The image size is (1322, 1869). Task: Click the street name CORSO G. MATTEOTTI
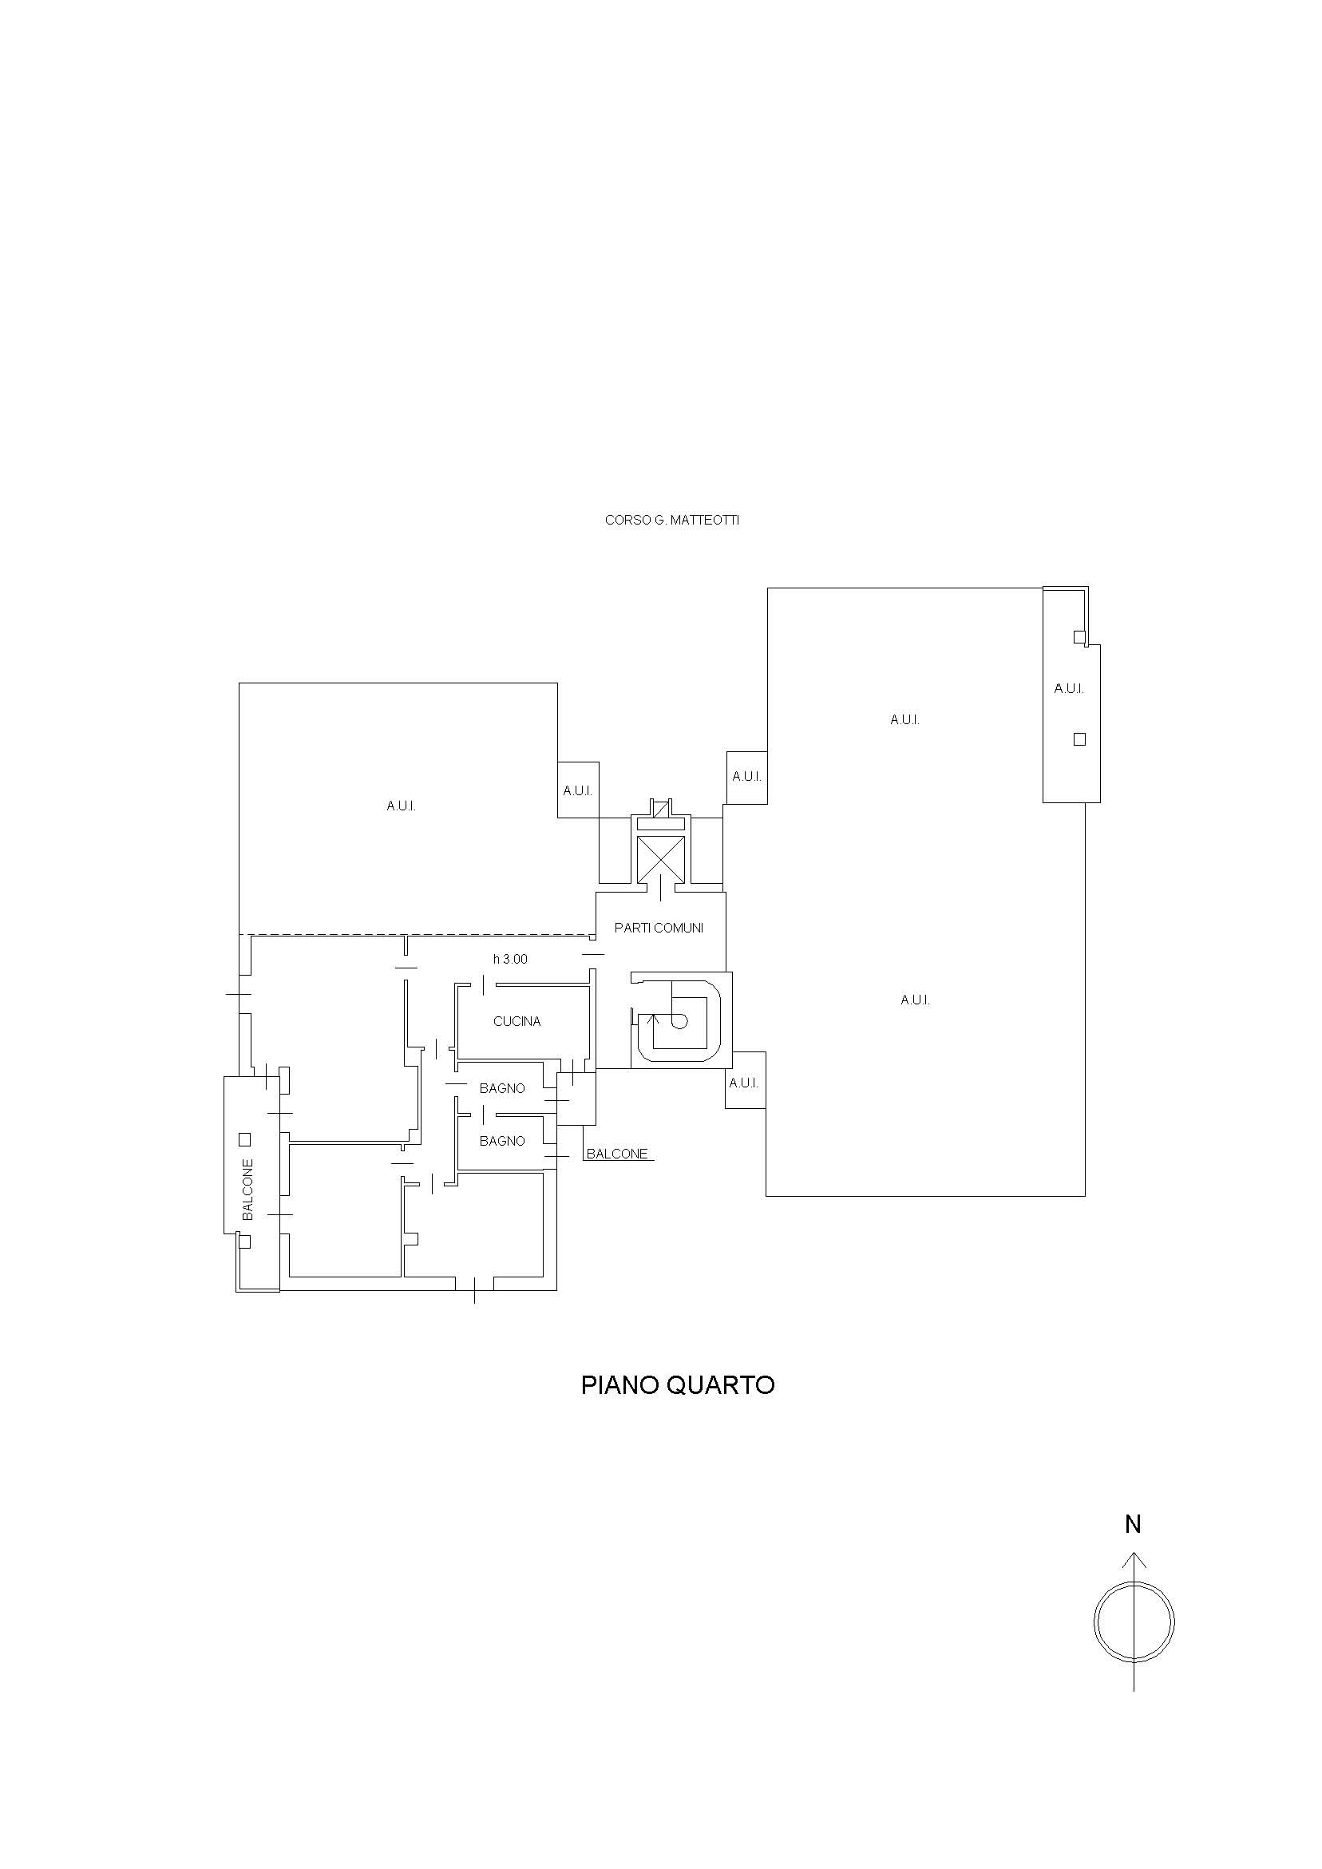(671, 521)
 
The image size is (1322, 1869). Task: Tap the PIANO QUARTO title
(677, 1384)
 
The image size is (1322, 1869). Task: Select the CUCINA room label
(517, 1022)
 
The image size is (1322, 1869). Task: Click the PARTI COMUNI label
(659, 927)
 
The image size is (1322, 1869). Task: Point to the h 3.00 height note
(510, 959)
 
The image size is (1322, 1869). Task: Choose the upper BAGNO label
(502, 1088)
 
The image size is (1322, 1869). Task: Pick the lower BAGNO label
(502, 1141)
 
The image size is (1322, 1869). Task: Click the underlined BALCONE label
(617, 1154)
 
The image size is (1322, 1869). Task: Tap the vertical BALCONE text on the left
(248, 1190)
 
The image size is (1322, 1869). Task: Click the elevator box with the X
(660, 858)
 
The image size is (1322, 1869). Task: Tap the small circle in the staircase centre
(679, 1022)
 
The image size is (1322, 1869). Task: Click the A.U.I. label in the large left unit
(402, 806)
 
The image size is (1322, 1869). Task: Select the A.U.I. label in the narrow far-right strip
(1069, 689)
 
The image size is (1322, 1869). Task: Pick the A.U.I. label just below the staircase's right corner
(744, 1083)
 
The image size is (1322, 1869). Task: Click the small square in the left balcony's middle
(244, 1138)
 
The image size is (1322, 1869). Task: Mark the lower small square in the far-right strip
(1079, 739)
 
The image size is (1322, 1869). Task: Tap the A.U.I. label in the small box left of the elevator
(578, 790)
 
